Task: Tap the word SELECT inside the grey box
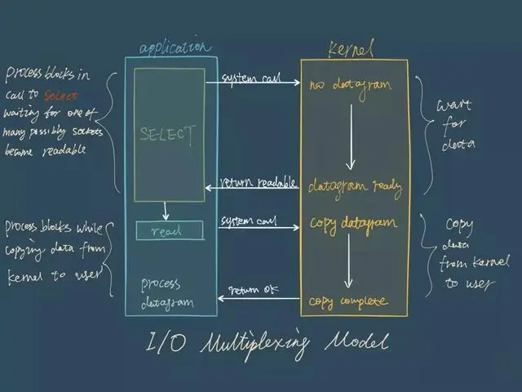[x=167, y=132]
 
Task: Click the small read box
[x=170, y=231]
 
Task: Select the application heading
[x=175, y=47]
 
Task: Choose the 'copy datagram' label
[x=352, y=222]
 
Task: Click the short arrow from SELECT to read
[x=166, y=211]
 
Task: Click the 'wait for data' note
[x=453, y=127]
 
